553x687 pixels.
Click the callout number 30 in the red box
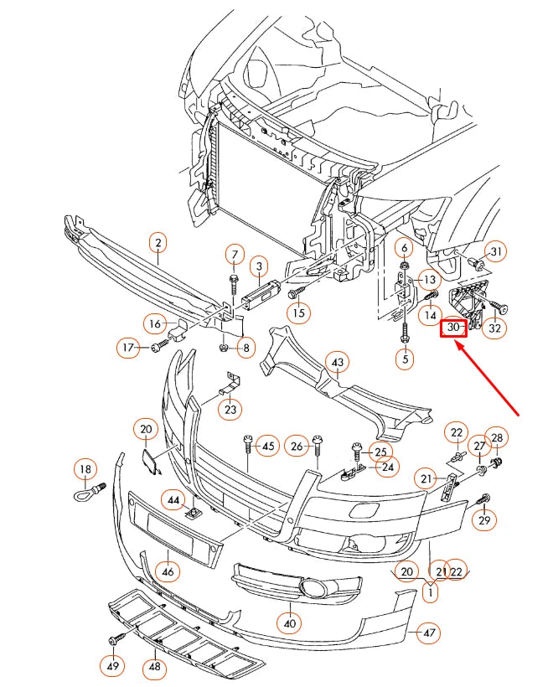click(x=453, y=328)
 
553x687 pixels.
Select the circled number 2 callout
click(x=157, y=244)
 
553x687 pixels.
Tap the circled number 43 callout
click(x=338, y=363)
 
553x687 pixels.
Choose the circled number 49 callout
click(x=112, y=666)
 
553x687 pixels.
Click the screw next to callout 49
click(x=113, y=641)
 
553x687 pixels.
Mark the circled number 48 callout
click(x=154, y=667)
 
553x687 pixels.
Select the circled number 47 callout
click(x=429, y=633)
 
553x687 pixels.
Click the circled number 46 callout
click(x=168, y=573)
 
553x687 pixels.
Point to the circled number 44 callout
click(x=173, y=500)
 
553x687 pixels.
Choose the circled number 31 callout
click(x=496, y=252)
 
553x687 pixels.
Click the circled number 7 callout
click(x=235, y=255)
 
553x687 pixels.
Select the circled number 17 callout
click(x=128, y=347)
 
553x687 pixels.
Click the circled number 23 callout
click(x=230, y=409)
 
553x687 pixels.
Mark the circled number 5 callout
click(x=406, y=359)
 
